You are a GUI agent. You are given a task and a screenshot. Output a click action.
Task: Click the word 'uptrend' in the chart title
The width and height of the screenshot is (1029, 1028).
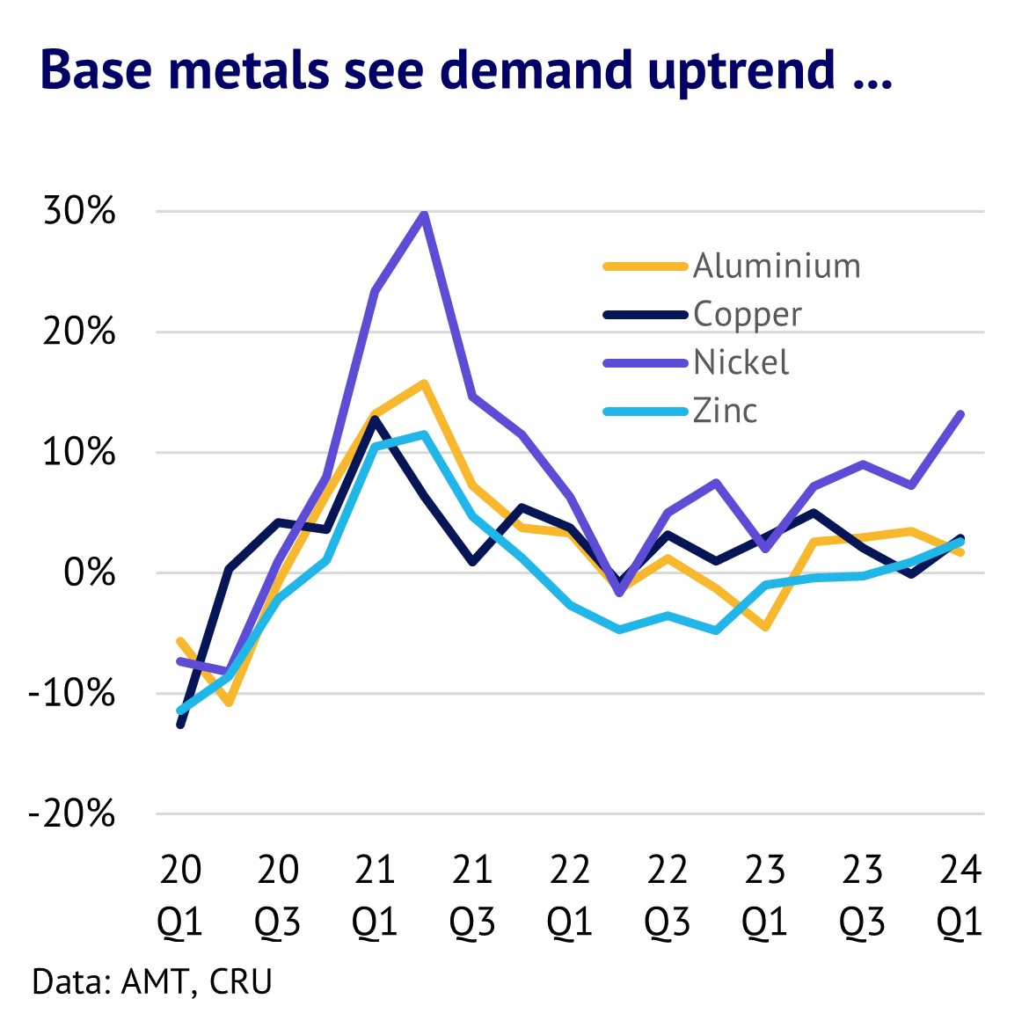pos(741,70)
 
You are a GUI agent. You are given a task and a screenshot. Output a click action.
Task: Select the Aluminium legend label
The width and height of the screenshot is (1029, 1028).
pos(777,266)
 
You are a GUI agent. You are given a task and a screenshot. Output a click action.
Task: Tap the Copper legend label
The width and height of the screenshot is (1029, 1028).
pos(747,314)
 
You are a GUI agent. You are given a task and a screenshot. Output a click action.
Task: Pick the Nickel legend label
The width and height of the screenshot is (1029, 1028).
pos(741,362)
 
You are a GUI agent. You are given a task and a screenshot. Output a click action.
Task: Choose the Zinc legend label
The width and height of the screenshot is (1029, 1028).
pos(725,411)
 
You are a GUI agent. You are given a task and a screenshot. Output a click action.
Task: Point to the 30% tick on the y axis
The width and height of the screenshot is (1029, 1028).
pos(79,211)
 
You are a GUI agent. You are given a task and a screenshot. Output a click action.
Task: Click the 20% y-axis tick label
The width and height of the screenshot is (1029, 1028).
pos(79,332)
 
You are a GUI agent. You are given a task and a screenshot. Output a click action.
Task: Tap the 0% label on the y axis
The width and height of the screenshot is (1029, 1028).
pos(89,573)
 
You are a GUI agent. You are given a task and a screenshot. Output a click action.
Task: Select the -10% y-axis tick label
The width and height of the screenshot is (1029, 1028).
pos(72,694)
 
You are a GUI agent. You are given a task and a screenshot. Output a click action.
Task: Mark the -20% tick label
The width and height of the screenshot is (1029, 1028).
pos(72,814)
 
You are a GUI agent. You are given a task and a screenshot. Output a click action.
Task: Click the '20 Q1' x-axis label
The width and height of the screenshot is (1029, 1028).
pos(180,895)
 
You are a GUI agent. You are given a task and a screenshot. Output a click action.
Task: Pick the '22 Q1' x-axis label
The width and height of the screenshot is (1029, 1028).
pos(570,895)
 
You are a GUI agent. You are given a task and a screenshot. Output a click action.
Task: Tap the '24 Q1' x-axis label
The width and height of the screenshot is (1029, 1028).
pos(960,895)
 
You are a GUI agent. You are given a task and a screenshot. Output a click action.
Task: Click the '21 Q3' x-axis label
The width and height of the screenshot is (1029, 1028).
pos(472,895)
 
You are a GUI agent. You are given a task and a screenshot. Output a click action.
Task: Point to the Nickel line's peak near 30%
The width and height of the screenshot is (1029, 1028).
pos(424,215)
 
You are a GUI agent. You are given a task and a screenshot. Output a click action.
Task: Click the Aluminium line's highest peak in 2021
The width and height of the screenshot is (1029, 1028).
pos(424,383)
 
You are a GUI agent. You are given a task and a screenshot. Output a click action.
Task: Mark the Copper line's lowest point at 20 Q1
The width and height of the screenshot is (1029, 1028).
pos(180,725)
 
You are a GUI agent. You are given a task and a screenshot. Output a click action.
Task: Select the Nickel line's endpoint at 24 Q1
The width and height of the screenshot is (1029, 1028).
pos(960,414)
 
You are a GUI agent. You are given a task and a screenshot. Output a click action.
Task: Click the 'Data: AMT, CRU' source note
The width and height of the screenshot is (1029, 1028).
pos(152,981)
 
